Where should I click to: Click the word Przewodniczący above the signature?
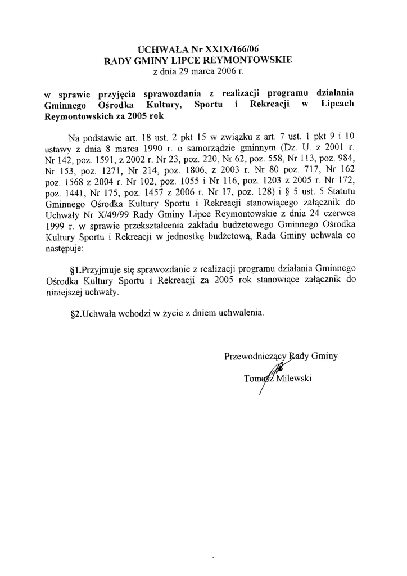pos(256,356)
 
